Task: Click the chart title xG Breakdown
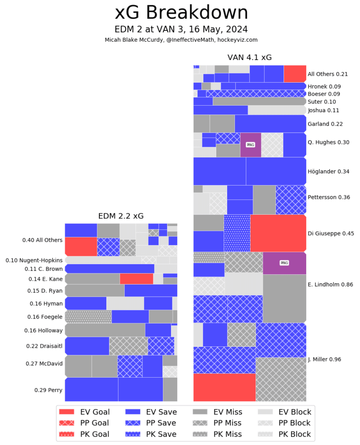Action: coord(182,13)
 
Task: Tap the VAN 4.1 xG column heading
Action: coord(250,57)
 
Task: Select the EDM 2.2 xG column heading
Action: coord(121,216)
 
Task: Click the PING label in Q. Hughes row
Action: coord(251,145)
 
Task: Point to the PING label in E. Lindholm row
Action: coord(284,263)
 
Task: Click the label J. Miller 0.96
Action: coord(324,359)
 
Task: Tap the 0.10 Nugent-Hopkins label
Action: coord(34,260)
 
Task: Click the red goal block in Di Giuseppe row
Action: coord(278,233)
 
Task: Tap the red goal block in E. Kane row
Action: coord(136,279)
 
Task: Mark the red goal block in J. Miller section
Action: coord(224,387)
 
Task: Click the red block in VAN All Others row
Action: coord(295,74)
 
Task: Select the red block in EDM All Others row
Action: coord(81,246)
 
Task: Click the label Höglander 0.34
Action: coord(328,172)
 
